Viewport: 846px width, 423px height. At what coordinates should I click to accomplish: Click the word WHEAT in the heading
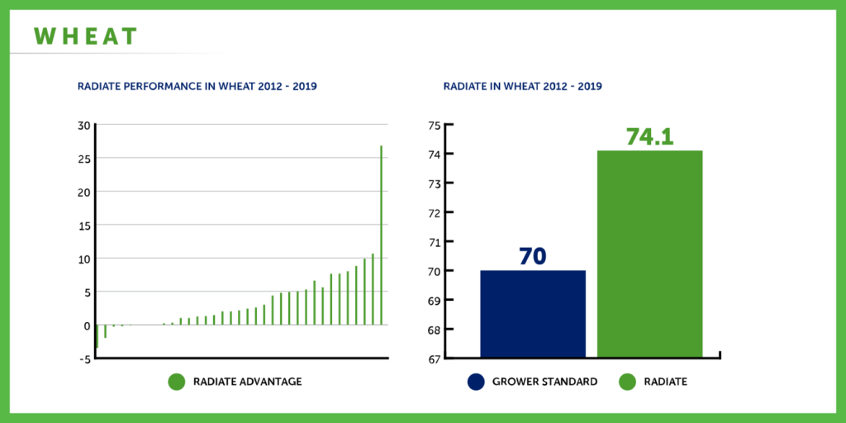[86, 36]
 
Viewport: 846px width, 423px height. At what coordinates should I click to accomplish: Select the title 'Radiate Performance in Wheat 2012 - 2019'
[197, 86]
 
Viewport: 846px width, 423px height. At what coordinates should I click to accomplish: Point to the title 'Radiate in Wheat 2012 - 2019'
[522, 86]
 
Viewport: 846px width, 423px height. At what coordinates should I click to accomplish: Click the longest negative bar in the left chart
[97, 335]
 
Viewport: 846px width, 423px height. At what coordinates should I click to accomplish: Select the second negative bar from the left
[106, 331]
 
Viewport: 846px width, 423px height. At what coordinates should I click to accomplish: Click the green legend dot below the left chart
[177, 382]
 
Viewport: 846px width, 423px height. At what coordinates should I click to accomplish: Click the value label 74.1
[650, 136]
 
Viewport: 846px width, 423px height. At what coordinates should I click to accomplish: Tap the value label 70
[533, 256]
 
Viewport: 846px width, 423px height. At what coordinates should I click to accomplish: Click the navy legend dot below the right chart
[476, 382]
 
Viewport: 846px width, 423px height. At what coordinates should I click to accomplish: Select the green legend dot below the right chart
[628, 382]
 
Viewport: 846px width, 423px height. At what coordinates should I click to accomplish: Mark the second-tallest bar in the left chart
[373, 288]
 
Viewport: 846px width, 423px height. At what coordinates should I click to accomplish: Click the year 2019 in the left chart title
[305, 86]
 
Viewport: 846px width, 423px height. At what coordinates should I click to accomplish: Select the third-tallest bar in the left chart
[364, 292]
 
